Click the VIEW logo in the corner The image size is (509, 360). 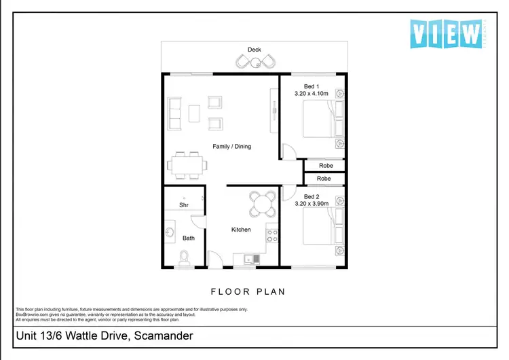[x=446, y=33]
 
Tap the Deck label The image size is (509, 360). [x=254, y=50]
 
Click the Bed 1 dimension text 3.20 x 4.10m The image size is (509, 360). [x=312, y=94]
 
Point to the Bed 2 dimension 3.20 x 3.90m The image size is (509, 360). [x=312, y=203]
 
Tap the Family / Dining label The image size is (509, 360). [x=232, y=147]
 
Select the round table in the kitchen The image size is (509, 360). [x=261, y=202]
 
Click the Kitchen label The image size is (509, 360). [x=241, y=230]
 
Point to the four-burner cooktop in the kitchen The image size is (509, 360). [x=271, y=236]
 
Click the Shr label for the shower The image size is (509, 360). [x=183, y=205]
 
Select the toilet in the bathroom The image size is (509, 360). [x=183, y=257]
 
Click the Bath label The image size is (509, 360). [x=189, y=238]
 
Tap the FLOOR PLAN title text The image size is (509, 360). [x=248, y=291]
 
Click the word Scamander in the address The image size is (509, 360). [x=163, y=336]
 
